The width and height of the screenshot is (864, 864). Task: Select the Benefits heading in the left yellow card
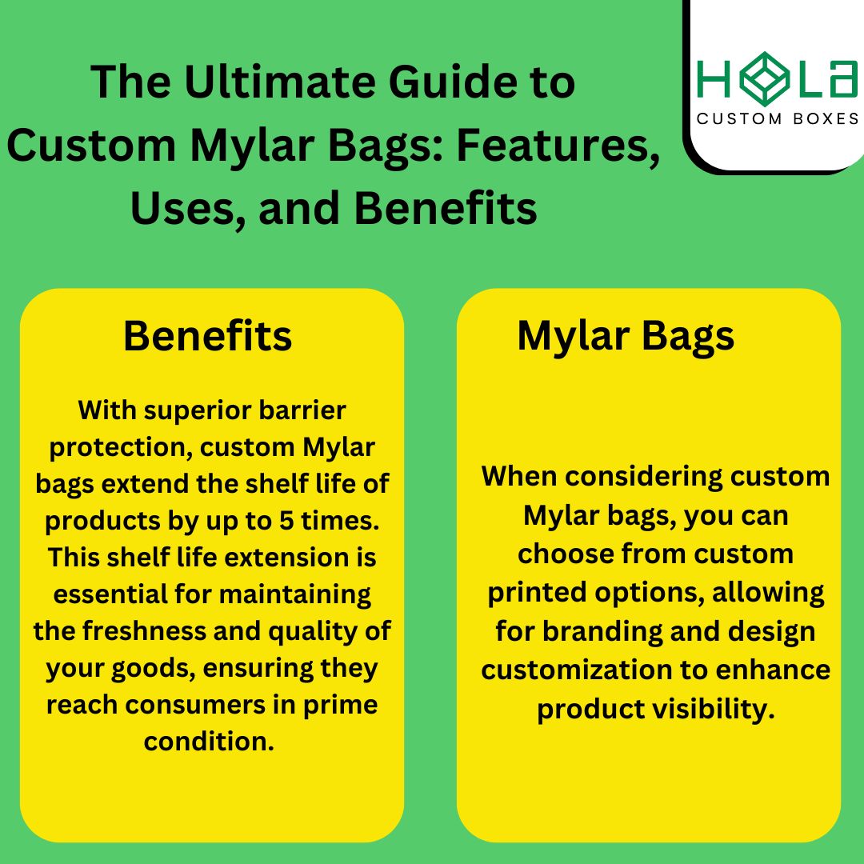(207, 337)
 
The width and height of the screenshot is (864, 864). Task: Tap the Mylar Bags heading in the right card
(626, 336)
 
